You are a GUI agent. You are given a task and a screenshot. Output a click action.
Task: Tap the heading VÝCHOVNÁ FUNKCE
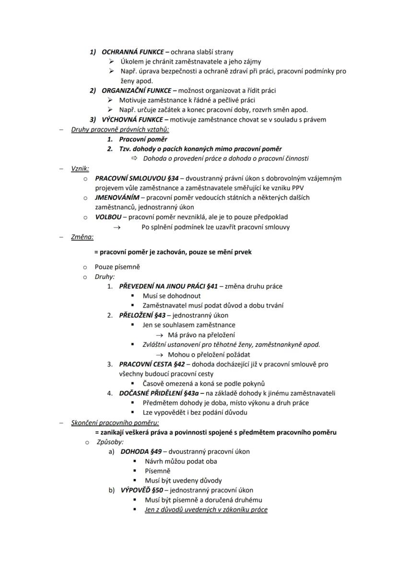click(132, 119)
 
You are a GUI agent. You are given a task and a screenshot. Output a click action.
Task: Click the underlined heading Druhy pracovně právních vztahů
click(120, 129)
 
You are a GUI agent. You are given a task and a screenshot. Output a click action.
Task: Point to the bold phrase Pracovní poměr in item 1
click(143, 139)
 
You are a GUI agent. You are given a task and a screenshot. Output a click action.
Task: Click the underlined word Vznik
click(80, 168)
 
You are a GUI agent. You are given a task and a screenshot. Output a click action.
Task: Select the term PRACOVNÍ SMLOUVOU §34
click(134, 178)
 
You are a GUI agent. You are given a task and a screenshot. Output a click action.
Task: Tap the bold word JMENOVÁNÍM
click(117, 197)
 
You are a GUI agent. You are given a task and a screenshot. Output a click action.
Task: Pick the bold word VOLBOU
click(107, 217)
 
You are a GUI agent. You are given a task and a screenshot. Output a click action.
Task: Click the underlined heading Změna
click(82, 237)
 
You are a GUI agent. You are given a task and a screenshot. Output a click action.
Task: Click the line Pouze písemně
click(117, 267)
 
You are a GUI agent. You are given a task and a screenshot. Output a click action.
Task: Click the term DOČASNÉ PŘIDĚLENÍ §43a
click(159, 393)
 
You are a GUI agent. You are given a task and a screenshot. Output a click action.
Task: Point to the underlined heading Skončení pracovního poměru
click(115, 423)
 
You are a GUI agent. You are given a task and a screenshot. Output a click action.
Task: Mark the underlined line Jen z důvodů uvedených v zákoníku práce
click(206, 510)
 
